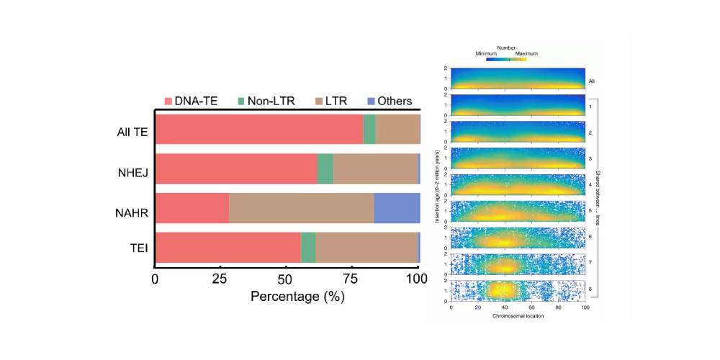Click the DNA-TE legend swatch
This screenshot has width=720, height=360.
[169, 102]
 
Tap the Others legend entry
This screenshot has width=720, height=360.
[395, 102]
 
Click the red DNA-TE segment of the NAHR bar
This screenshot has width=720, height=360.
[192, 207]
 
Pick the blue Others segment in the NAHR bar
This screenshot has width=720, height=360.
[397, 207]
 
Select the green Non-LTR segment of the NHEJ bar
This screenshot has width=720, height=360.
[325, 168]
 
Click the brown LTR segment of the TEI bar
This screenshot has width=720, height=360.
[366, 247]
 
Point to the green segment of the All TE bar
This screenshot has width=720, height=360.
[369, 130]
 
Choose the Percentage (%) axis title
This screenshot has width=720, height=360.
[287, 296]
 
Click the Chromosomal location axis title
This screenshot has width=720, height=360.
[518, 316]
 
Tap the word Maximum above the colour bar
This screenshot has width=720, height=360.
[526, 53]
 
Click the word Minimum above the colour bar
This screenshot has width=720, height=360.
[487, 53]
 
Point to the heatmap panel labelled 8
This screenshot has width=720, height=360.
[518, 290]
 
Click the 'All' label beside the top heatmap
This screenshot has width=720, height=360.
[591, 81]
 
